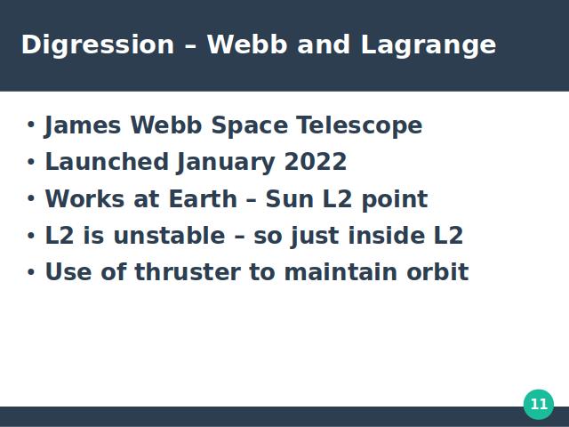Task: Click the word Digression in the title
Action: click(98, 45)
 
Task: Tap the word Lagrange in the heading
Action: click(429, 45)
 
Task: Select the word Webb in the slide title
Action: click(247, 44)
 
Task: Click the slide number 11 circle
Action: click(539, 404)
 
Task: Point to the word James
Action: click(83, 126)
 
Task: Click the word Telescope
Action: click(359, 126)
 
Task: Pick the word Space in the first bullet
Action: click(250, 126)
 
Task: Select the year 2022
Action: click(316, 162)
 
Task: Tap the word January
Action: click(226, 163)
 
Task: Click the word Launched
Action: click(107, 161)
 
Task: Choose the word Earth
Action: click(203, 199)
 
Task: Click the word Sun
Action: click(290, 199)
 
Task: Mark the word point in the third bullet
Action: click(395, 199)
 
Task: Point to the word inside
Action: click(387, 235)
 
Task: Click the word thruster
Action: click(188, 272)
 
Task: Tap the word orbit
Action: click(437, 272)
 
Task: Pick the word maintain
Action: click(341, 272)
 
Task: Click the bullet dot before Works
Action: click(31, 198)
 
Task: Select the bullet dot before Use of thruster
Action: click(31, 272)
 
